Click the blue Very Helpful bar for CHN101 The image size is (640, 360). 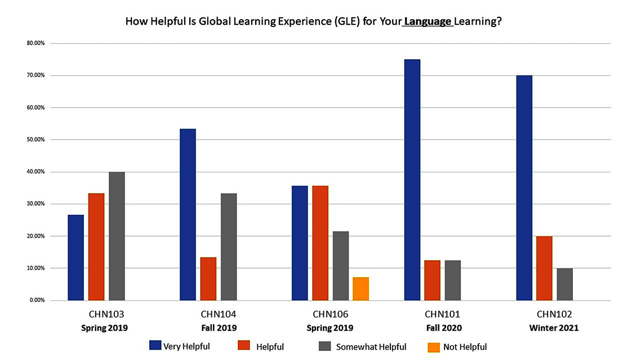412,180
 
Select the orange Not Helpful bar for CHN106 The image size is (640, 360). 361,288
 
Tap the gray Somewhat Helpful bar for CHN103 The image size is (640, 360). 117,236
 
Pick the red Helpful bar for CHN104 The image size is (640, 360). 208,279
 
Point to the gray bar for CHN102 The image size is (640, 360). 565,284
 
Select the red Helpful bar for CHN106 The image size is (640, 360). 320,243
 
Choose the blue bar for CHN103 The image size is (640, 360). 76,257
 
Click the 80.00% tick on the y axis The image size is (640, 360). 36,43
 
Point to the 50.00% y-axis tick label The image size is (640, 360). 36,140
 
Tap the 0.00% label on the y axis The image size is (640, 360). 37,300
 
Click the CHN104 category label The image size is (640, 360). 218,314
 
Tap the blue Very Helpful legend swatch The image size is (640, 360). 155,346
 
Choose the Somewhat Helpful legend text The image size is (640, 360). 371,347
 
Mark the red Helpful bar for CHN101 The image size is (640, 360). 433,280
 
